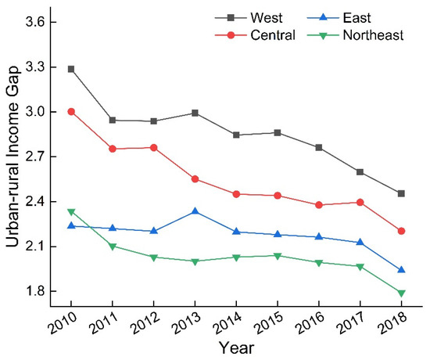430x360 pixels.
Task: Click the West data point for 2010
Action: (x=71, y=69)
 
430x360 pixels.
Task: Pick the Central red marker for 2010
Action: (x=71, y=111)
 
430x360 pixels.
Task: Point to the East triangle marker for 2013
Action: (x=194, y=211)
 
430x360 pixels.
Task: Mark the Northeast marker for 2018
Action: (x=400, y=293)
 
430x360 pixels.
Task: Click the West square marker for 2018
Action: (x=400, y=193)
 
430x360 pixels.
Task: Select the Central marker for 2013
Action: (x=194, y=178)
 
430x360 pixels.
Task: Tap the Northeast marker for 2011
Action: (x=112, y=247)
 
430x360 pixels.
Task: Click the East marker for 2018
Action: (x=400, y=270)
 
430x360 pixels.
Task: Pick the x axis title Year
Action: (x=235, y=346)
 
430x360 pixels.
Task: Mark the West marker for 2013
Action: (x=194, y=113)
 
